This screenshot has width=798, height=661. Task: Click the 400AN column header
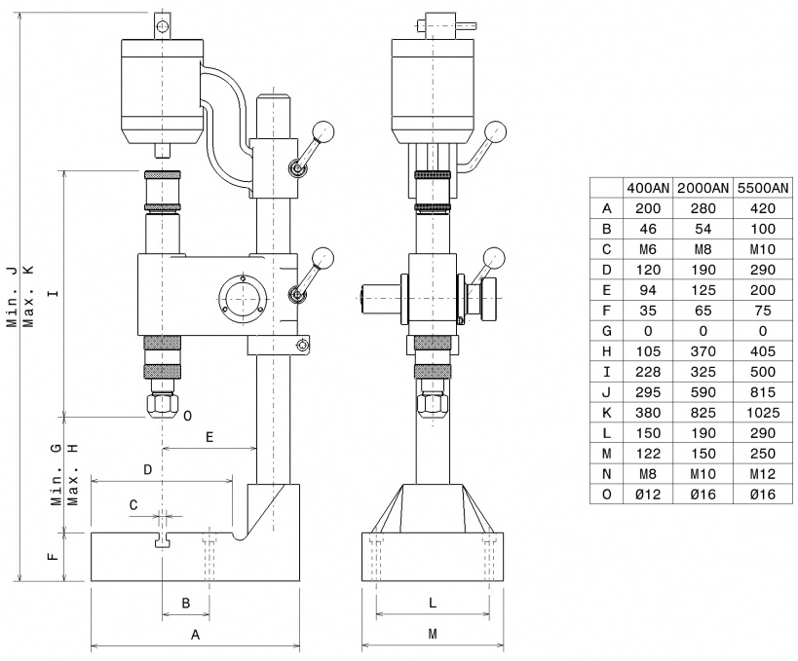point(648,188)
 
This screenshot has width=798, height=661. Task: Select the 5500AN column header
point(763,188)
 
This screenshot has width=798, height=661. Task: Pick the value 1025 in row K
point(763,413)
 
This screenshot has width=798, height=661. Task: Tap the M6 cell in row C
point(648,249)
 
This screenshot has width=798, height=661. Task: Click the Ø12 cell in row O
point(648,495)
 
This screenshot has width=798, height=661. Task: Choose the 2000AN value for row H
point(703,351)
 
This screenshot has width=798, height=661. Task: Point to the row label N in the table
point(606,474)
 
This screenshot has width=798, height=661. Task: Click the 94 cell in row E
point(648,290)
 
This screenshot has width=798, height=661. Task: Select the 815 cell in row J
point(763,392)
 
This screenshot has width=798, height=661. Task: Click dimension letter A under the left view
point(195,635)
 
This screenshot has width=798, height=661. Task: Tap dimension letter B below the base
point(186,603)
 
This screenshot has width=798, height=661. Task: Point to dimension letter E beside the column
point(209,437)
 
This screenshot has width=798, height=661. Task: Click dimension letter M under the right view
point(433,634)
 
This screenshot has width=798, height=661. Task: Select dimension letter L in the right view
point(433,603)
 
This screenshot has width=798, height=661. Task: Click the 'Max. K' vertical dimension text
point(29,298)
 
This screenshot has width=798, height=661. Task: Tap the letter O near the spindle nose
point(187,416)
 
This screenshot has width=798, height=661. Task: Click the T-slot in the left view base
point(163,540)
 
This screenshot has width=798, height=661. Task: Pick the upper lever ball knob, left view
point(323,132)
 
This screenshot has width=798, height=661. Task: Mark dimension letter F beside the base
point(53,556)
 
